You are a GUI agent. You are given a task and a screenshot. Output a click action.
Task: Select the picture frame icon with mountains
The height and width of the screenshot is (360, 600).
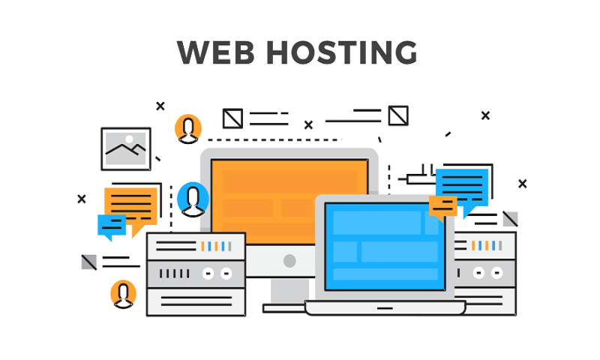125,148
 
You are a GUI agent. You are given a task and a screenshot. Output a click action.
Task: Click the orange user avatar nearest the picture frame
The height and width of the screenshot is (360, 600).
188,128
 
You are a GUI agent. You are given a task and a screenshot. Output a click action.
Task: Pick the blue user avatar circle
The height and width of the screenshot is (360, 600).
193,199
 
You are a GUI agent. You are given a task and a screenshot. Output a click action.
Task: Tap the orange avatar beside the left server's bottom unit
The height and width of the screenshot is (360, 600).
124,294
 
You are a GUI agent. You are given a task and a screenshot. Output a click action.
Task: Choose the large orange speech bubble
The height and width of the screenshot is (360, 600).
130,205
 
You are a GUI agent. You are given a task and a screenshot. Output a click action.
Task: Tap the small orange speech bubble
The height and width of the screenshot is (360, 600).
442,205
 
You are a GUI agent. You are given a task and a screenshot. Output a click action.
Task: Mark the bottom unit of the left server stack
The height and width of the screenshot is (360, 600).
196,301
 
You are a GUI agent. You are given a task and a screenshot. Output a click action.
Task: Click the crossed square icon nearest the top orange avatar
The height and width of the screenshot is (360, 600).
232,118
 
